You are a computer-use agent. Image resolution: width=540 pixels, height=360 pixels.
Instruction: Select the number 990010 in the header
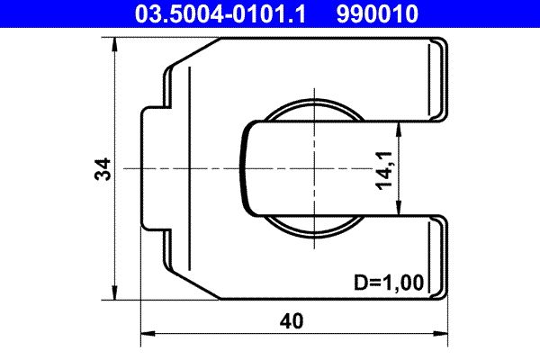(x=379, y=13)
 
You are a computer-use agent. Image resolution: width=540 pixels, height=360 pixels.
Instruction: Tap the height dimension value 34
(x=104, y=168)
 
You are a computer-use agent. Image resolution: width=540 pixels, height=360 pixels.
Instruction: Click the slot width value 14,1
(x=382, y=168)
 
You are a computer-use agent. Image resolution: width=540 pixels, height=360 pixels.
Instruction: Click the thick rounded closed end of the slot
(x=244, y=168)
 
